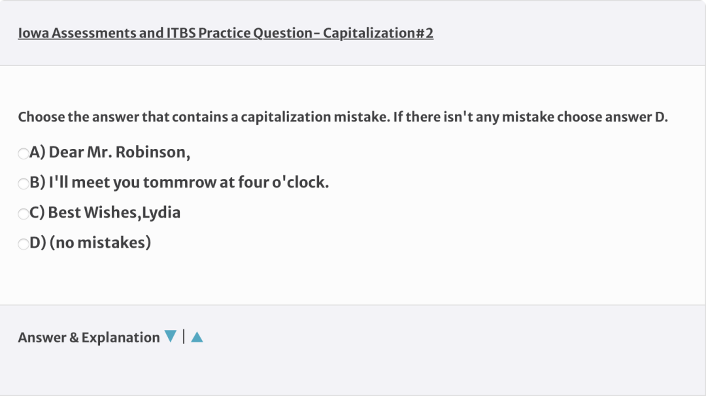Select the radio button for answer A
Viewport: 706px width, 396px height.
coord(24,154)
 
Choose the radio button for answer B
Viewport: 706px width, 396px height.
coord(24,184)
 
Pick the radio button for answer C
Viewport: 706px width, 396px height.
coord(24,214)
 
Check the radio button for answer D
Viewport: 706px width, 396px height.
coord(24,244)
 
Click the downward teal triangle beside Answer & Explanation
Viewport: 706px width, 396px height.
coord(170,336)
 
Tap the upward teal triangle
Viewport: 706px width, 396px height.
coord(197,337)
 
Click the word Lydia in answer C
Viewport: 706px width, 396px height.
coord(161,213)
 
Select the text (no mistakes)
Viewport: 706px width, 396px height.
coord(100,242)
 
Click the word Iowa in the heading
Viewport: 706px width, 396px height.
coord(33,33)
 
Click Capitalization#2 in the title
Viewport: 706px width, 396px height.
coord(378,33)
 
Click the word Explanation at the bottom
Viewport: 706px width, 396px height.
coord(121,338)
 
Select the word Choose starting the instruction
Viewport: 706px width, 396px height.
coord(41,117)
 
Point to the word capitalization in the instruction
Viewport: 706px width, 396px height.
coord(286,118)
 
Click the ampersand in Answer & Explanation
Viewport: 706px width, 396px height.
coord(74,337)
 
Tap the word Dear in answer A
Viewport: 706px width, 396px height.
coord(66,152)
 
